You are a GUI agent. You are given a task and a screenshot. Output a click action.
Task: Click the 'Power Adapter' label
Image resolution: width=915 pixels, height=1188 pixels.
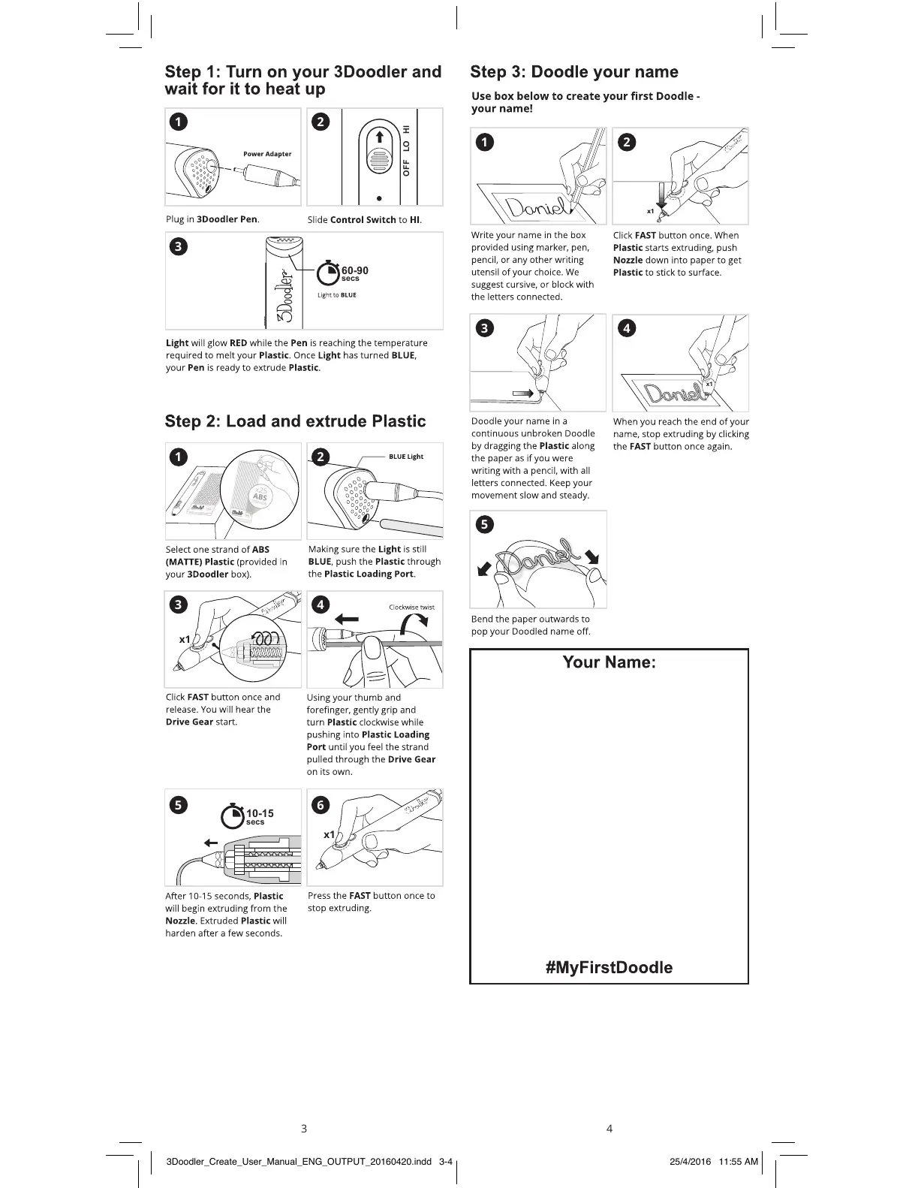tap(267, 154)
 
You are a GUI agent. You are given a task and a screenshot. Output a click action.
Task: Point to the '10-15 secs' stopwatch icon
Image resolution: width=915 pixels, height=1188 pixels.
tap(233, 816)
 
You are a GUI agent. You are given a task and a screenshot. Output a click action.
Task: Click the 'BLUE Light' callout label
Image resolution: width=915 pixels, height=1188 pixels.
tap(406, 457)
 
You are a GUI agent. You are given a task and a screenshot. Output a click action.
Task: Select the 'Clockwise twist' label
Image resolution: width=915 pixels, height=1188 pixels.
tap(411, 608)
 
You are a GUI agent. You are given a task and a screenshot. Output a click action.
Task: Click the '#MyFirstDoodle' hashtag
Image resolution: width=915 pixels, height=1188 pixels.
tap(609, 967)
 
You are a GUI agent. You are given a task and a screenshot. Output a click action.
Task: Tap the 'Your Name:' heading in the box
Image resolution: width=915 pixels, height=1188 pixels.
tap(609, 662)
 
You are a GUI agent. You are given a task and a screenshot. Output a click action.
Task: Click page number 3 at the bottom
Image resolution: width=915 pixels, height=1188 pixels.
tap(303, 1128)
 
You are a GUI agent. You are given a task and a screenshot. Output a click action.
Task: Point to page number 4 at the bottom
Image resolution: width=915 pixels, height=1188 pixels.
tap(609, 1128)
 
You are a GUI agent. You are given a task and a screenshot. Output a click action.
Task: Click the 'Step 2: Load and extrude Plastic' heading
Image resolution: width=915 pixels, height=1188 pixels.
tap(295, 421)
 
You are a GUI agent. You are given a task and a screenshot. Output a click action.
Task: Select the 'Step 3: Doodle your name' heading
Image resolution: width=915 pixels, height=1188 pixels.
tap(573, 72)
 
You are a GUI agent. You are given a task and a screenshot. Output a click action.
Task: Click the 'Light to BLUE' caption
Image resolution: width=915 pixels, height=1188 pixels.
tap(336, 295)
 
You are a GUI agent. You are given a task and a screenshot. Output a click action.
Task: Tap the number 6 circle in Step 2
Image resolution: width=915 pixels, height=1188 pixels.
tap(321, 805)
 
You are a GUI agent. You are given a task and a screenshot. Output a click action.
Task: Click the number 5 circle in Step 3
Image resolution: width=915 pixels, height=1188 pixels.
tap(486, 525)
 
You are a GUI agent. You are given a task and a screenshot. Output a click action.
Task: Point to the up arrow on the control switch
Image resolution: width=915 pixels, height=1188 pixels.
tap(380, 137)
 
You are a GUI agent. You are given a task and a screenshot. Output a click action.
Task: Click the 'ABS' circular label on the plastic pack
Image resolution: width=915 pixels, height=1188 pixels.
tap(260, 497)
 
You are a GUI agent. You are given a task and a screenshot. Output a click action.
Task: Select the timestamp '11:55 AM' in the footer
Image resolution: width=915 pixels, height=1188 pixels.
tap(738, 1162)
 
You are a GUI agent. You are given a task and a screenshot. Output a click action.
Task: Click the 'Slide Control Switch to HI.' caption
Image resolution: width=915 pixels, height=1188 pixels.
tap(364, 220)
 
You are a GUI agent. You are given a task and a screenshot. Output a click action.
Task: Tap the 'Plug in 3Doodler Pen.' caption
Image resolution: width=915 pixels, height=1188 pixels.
tap(212, 219)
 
